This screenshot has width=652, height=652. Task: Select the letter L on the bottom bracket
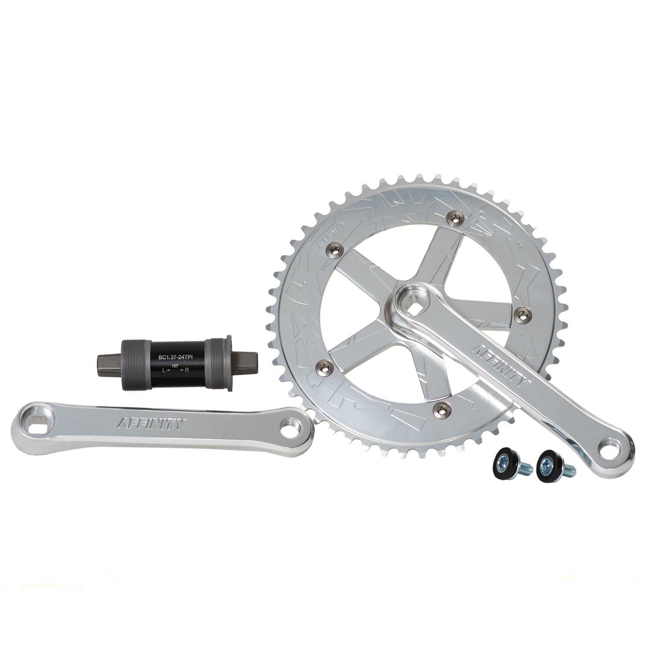(163, 370)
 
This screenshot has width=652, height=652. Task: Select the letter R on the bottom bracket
(187, 370)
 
